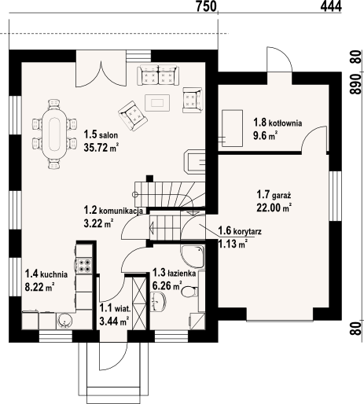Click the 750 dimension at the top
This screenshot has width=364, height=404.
point(207,6)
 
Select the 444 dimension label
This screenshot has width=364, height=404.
point(331,6)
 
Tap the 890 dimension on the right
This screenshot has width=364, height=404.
point(355,84)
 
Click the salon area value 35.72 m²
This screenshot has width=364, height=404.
point(101,148)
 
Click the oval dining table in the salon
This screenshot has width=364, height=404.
point(54,134)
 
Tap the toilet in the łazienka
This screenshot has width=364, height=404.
point(189,292)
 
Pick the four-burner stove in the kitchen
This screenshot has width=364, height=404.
point(84,265)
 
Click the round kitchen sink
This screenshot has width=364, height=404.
point(64,320)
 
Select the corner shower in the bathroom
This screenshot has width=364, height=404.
point(193,257)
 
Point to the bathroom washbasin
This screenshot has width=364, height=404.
point(159,303)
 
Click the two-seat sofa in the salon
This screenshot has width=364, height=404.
point(158,75)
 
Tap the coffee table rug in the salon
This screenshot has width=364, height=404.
point(157,103)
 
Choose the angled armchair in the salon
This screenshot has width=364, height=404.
point(132,116)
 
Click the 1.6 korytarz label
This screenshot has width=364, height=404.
point(240,231)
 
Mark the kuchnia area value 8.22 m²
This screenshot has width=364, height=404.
point(39,287)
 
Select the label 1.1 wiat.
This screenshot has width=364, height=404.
point(115,308)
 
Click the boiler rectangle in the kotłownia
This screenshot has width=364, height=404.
point(232,128)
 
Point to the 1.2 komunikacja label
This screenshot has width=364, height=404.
point(113,210)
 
